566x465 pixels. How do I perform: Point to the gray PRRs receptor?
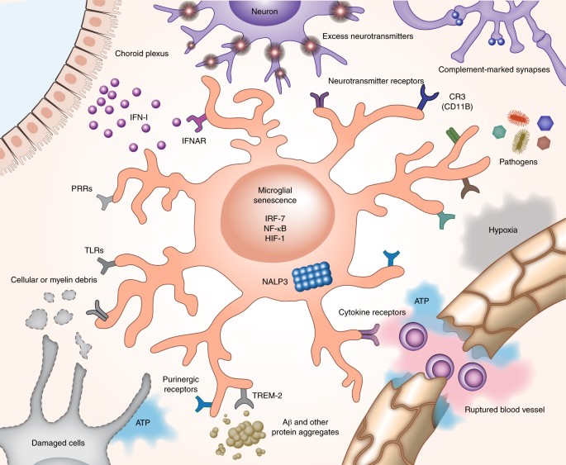[105, 201]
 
